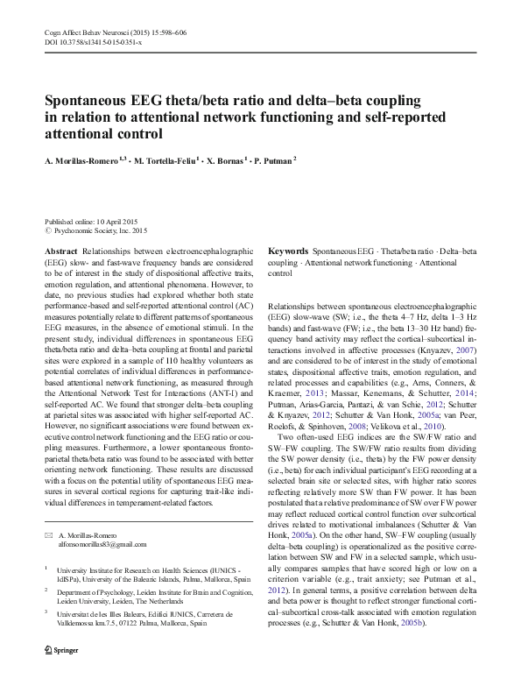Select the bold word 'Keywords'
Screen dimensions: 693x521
(x=287, y=250)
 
